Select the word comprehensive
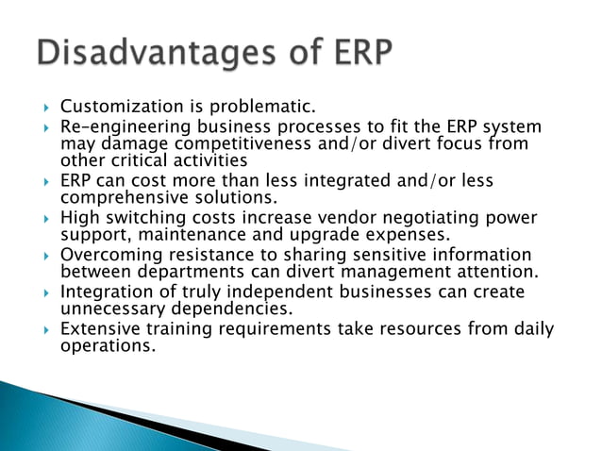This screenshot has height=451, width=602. [123, 197]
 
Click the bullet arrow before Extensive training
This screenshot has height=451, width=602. [40, 329]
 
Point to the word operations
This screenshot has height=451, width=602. [107, 345]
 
